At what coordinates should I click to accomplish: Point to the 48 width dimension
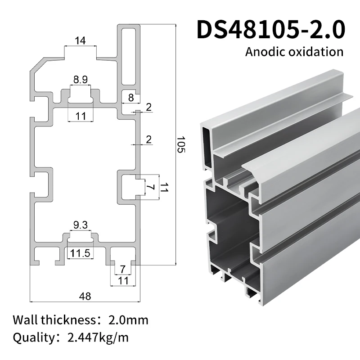(85, 296)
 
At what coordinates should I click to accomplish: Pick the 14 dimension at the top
(80, 41)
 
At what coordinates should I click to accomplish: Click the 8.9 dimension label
(81, 80)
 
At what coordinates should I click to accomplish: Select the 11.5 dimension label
(80, 253)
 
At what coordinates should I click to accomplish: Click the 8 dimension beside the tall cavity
(131, 97)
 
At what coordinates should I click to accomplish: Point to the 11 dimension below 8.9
(81, 116)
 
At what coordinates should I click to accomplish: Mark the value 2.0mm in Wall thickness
(128, 320)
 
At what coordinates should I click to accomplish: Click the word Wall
(25, 320)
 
